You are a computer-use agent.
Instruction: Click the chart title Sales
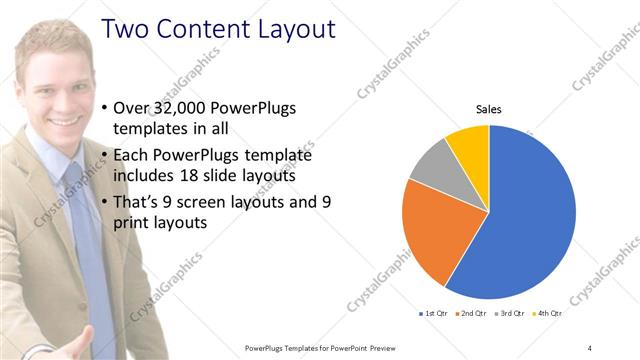488,109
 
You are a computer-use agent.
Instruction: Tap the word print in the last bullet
142,223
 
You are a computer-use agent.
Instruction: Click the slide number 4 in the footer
590,347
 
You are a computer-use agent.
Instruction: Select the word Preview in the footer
401,347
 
